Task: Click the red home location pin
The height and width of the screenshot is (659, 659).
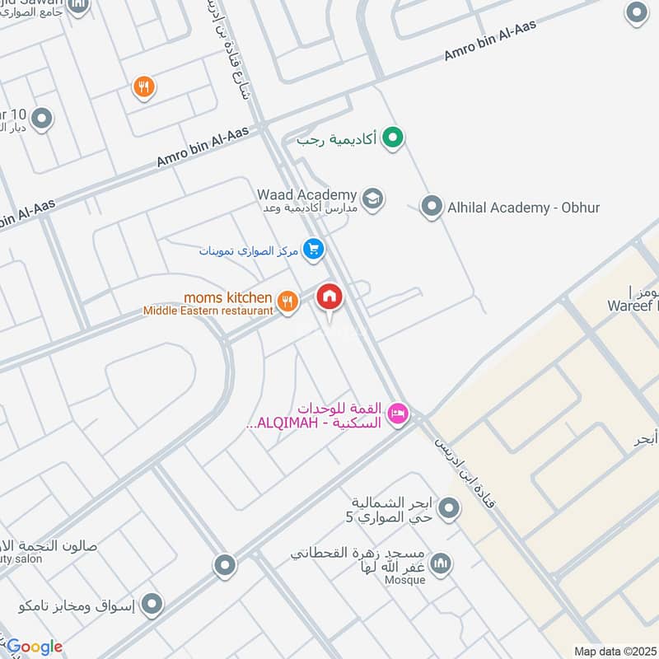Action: pyautogui.click(x=329, y=297)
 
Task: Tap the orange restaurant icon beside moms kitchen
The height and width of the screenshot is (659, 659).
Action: pyautogui.click(x=287, y=301)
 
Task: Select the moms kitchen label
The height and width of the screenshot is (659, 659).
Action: pyautogui.click(x=227, y=297)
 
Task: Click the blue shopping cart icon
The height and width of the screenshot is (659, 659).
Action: pyautogui.click(x=312, y=249)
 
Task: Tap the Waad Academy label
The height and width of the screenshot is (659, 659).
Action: pyautogui.click(x=306, y=194)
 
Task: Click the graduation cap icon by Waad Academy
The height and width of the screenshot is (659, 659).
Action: pyautogui.click(x=373, y=199)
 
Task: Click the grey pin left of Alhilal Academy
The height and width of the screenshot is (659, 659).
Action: pyautogui.click(x=432, y=207)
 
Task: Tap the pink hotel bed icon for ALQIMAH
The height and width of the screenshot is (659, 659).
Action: pyautogui.click(x=399, y=414)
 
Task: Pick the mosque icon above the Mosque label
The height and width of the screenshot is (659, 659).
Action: pyautogui.click(x=442, y=563)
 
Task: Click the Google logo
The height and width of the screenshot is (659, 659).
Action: pyautogui.click(x=35, y=647)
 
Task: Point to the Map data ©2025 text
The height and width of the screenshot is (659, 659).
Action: pyautogui.click(x=615, y=651)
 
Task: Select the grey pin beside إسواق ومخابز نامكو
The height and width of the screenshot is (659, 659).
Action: pyautogui.click(x=151, y=606)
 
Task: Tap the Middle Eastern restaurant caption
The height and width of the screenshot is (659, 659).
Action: pyautogui.click(x=208, y=311)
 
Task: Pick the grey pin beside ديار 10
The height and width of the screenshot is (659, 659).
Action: pyautogui.click(x=41, y=119)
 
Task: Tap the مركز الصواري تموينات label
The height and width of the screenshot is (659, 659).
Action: pyautogui.click(x=248, y=250)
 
